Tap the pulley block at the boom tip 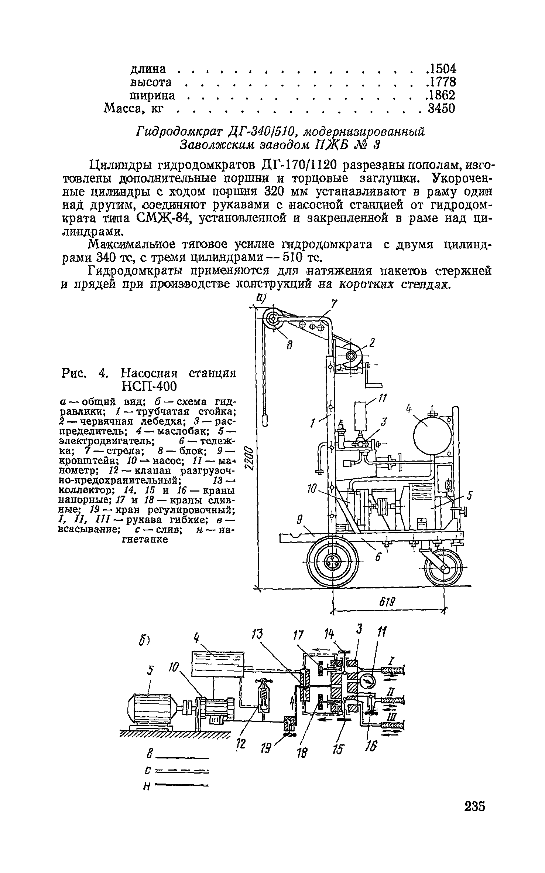click(273, 318)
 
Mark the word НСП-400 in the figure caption click(150, 386)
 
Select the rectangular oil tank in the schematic click(217, 663)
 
